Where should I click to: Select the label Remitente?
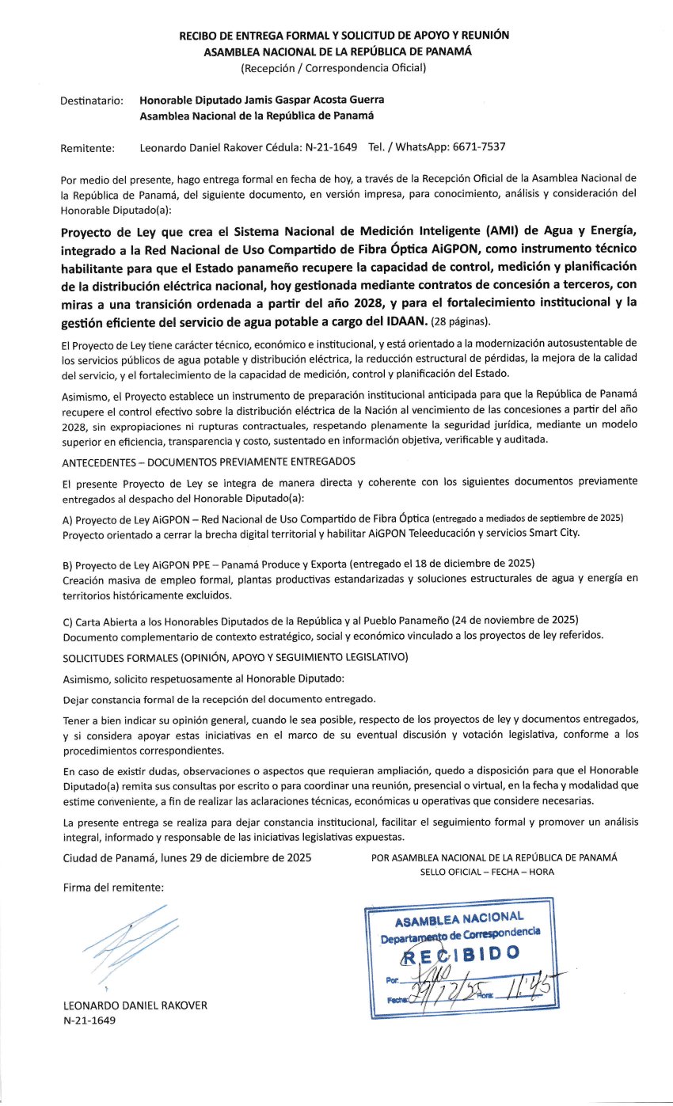(87, 147)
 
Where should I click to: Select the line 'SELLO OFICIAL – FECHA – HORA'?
(487, 872)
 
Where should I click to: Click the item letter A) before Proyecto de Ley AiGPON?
(67, 518)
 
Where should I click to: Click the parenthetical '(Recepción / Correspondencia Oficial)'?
(333, 67)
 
